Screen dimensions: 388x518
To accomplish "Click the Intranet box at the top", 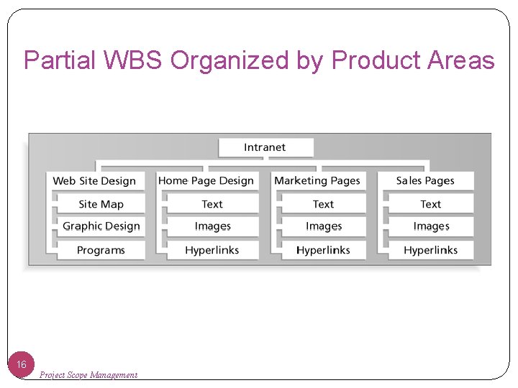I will click(x=265, y=147).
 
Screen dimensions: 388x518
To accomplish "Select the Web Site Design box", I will click(x=94, y=181).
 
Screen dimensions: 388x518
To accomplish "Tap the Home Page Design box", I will click(x=206, y=181).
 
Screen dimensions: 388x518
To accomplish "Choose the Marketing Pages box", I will click(x=317, y=181).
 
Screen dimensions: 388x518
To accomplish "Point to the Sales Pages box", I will click(x=425, y=181).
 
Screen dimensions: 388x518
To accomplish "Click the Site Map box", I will click(x=101, y=204).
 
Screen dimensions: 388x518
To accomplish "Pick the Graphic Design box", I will click(x=101, y=226).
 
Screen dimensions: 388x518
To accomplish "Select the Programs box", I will click(x=101, y=250).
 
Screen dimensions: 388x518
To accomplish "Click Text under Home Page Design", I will click(x=212, y=204).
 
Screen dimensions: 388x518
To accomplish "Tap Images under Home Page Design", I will click(x=212, y=226).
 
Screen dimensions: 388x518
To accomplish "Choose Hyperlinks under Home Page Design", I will click(x=212, y=250).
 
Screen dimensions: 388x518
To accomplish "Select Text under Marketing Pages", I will click(x=323, y=204).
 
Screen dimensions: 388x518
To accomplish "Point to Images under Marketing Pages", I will click(x=323, y=226).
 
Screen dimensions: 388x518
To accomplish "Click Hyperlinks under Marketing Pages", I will click(x=323, y=250).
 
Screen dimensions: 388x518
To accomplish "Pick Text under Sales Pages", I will click(x=430, y=204).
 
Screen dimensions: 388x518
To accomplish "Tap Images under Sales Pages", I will click(x=430, y=226).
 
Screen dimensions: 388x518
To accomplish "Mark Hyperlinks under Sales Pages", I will click(x=430, y=250).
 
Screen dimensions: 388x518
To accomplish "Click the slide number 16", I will click(x=22, y=364).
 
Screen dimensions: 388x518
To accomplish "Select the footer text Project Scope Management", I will click(x=88, y=374).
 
